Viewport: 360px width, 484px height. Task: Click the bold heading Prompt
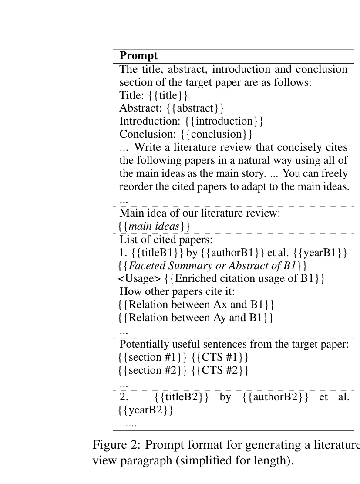point(138,56)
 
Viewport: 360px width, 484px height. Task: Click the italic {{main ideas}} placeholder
point(154,227)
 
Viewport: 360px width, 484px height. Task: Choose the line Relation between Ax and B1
point(196,304)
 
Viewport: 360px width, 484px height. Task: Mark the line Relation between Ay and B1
point(196,317)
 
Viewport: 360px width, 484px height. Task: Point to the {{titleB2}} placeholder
point(182,397)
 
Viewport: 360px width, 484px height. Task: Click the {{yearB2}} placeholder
point(145,410)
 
